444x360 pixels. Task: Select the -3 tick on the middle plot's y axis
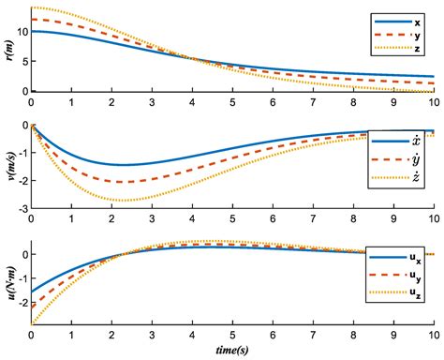click(21, 207)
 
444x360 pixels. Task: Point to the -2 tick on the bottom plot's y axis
click(21, 303)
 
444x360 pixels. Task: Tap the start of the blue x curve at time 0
click(33, 31)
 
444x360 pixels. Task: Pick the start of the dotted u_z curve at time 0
click(33, 323)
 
